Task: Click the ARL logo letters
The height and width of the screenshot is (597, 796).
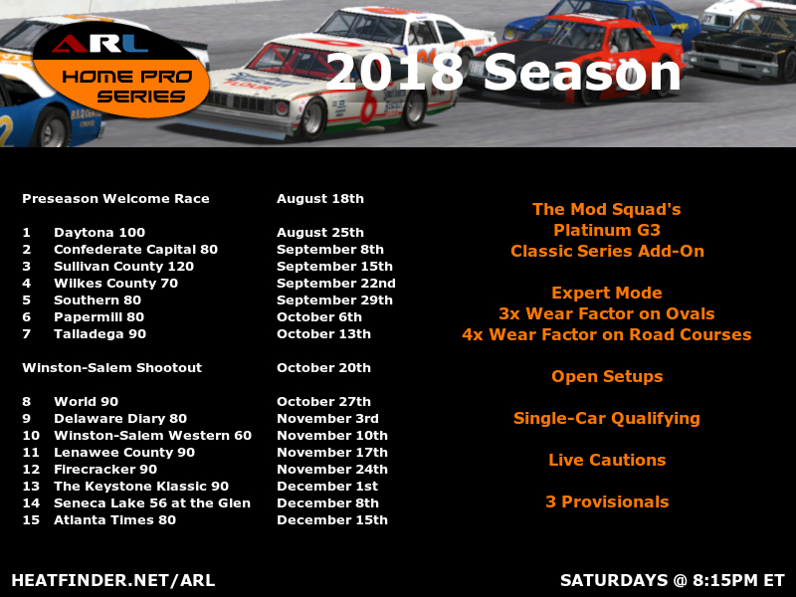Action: [x=100, y=44]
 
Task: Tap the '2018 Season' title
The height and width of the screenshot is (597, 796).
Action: [x=502, y=73]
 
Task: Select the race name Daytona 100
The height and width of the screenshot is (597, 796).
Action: [x=99, y=233]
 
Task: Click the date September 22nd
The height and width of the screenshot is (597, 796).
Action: [x=336, y=284]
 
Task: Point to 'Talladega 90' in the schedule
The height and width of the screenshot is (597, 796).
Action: [x=100, y=334]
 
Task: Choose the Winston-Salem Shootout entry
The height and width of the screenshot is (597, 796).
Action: [x=112, y=367]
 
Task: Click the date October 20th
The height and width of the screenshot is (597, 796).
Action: [x=324, y=367]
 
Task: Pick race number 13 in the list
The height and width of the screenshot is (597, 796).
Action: [x=31, y=487]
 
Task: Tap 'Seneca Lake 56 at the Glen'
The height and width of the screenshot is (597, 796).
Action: [x=152, y=503]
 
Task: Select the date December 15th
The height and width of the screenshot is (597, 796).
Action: [x=332, y=519]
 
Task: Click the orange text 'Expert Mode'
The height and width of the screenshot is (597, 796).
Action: [x=607, y=293]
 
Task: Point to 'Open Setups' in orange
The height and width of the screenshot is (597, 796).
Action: [x=607, y=377]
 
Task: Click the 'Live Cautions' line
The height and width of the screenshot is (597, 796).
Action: [x=607, y=460]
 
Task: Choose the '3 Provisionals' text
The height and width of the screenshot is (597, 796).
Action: [x=607, y=502]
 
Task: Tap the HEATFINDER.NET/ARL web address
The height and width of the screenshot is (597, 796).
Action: [x=113, y=580]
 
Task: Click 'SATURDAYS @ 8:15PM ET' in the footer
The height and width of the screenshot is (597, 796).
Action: [x=673, y=580]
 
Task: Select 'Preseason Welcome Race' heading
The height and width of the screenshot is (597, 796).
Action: [x=115, y=198]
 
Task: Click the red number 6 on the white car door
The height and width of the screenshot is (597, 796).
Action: [x=369, y=105]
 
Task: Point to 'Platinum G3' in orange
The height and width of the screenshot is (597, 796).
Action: [x=607, y=230]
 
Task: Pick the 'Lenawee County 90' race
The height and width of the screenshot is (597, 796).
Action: [x=124, y=453]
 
